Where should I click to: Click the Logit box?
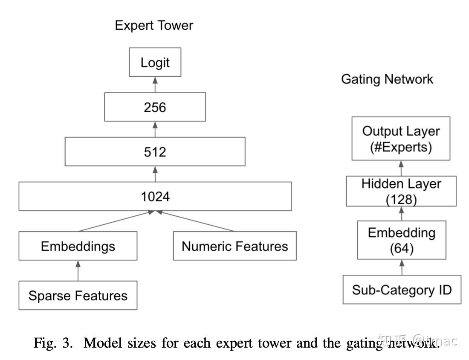point(155,63)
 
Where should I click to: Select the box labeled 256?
point(155,107)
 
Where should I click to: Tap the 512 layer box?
point(155,151)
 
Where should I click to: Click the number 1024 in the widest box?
point(155,197)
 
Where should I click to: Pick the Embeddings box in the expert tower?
point(78,246)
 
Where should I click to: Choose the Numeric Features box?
point(234,246)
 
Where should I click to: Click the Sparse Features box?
point(78,295)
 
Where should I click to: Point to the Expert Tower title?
point(154,25)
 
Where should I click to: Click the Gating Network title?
point(387,79)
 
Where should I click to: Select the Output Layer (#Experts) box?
point(401,139)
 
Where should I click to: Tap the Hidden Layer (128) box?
point(401,191)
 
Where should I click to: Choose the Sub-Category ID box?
point(402,290)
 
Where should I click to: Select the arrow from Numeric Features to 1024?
point(196,221)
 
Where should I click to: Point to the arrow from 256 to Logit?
point(155,85)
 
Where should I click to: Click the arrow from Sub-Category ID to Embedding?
point(402,268)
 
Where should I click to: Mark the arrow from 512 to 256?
point(155,129)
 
